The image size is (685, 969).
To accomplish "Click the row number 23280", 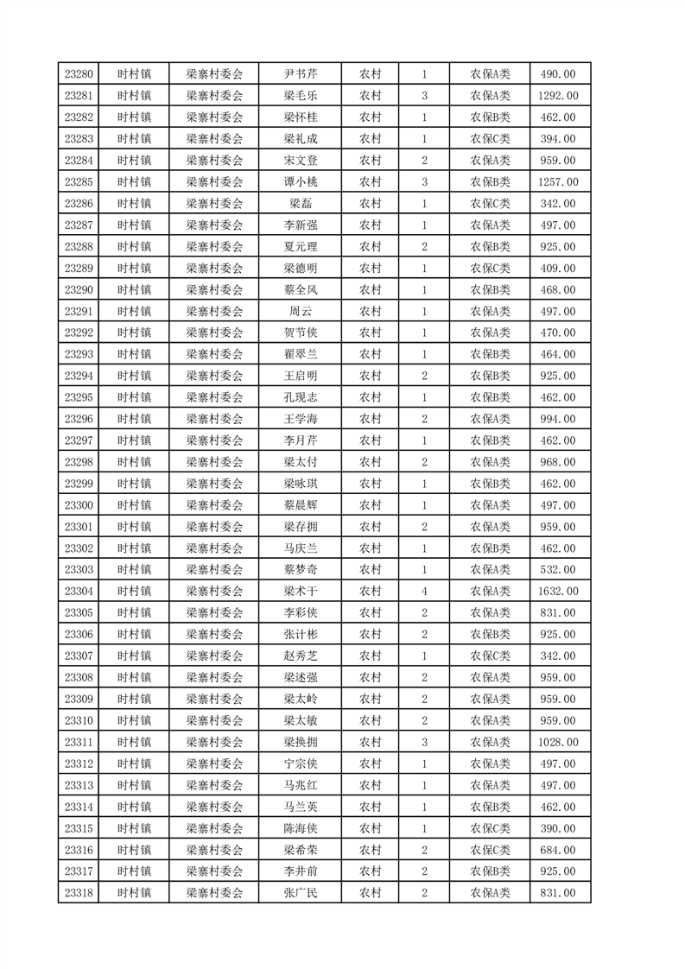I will (78, 74).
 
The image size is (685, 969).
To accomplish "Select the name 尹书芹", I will (300, 74).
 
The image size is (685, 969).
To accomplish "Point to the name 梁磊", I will (300, 204).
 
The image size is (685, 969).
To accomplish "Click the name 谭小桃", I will (300, 182).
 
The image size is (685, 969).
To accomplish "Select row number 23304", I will (78, 592).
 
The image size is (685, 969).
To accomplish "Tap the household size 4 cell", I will (424, 592).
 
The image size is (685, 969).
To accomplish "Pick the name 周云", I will (300, 311).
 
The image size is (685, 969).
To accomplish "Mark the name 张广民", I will (300, 893).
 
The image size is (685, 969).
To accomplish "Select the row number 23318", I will (78, 893).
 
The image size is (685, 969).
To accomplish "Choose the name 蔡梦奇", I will (300, 570).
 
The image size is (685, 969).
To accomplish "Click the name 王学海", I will (300, 419).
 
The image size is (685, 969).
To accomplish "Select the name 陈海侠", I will (300, 828).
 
